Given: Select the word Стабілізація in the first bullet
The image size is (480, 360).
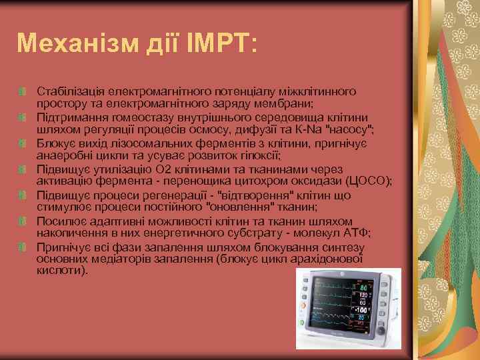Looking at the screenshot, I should pos(68,90).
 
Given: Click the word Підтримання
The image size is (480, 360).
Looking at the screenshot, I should pos(67,116).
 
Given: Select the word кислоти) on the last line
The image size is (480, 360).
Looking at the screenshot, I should pos(62,272).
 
